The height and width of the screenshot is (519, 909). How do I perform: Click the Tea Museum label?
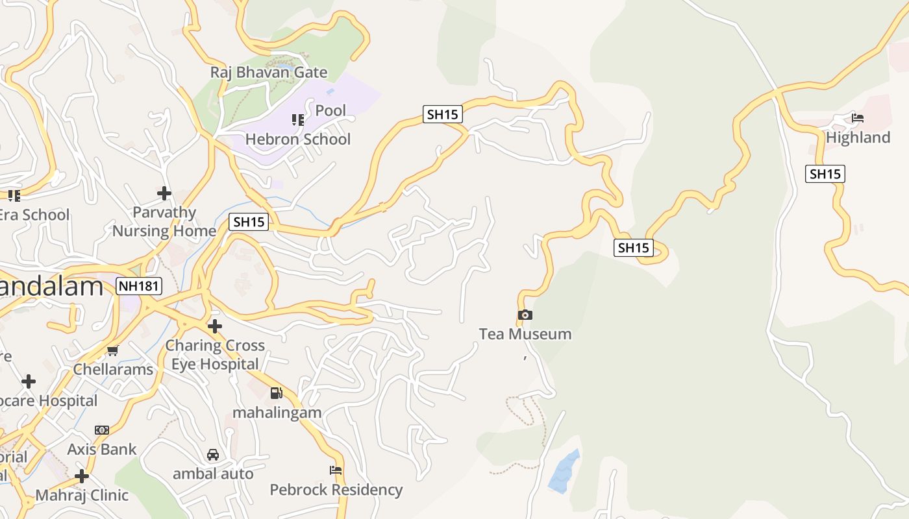point(525,334)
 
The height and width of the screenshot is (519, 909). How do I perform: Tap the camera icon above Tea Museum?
point(525,315)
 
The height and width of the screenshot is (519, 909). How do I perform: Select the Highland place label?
point(858,138)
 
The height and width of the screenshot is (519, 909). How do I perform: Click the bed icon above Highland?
point(858,118)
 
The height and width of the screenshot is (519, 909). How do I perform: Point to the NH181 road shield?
point(139,286)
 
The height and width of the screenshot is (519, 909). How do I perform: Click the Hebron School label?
point(298,139)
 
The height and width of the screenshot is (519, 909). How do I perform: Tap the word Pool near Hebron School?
point(330,110)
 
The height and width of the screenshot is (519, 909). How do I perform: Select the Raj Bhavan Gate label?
point(269,72)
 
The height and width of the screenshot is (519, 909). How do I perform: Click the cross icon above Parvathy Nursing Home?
point(164,193)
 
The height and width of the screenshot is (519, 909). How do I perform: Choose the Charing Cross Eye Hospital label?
point(215,355)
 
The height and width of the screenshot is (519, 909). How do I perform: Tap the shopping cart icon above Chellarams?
point(113,351)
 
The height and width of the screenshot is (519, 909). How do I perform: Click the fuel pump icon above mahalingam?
point(277,393)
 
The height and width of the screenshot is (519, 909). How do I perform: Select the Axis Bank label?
point(102,449)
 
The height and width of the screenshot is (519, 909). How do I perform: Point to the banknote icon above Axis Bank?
point(102,430)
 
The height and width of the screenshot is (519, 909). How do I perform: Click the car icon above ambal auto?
point(213,455)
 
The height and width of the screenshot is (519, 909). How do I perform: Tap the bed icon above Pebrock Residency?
point(336,470)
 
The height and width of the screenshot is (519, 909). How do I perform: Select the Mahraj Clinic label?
point(82,496)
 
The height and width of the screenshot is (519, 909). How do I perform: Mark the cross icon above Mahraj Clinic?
point(82,477)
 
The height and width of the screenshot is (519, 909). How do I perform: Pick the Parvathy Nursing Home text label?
point(164,222)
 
